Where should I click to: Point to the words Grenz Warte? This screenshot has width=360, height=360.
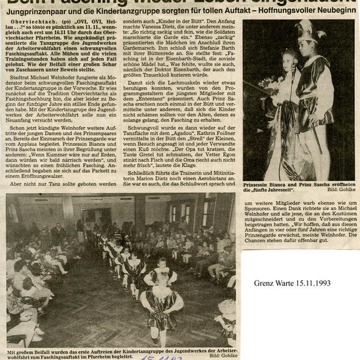point(271,283)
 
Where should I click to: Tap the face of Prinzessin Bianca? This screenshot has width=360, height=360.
point(289,61)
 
